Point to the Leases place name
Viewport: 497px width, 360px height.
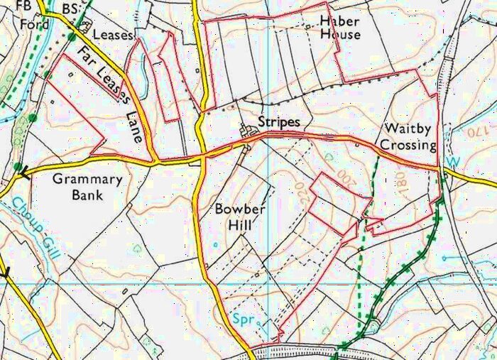click(x=114, y=33)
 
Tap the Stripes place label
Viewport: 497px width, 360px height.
click(x=279, y=122)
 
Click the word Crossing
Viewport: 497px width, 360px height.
click(x=408, y=144)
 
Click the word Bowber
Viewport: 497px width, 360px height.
click(x=240, y=210)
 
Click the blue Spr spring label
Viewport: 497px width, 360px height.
click(x=244, y=321)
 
